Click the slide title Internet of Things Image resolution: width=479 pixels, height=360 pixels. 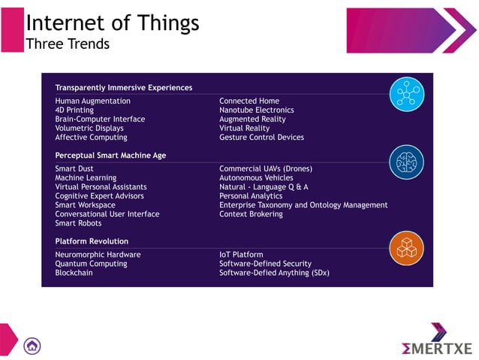113,23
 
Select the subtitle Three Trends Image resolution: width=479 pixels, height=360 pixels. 68,44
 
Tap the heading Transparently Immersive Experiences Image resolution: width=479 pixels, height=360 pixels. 123,88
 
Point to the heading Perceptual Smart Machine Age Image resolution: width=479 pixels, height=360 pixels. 110,156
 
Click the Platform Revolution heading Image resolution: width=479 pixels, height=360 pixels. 92,241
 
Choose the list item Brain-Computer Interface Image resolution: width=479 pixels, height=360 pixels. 100,119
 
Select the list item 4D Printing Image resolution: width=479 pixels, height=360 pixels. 74,110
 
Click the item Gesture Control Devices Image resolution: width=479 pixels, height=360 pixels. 261,138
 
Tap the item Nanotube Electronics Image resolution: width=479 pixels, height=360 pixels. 256,110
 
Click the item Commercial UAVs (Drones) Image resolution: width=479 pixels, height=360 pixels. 265,169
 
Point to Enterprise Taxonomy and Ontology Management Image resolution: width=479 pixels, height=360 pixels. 303,205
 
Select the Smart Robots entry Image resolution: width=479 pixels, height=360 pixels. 78,223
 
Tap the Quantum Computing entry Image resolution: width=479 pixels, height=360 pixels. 91,264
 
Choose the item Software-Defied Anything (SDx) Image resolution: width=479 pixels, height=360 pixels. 274,273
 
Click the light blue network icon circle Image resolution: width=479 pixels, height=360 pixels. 406,94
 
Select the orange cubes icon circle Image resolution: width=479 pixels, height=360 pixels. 406,249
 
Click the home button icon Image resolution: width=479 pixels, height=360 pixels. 32,346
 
